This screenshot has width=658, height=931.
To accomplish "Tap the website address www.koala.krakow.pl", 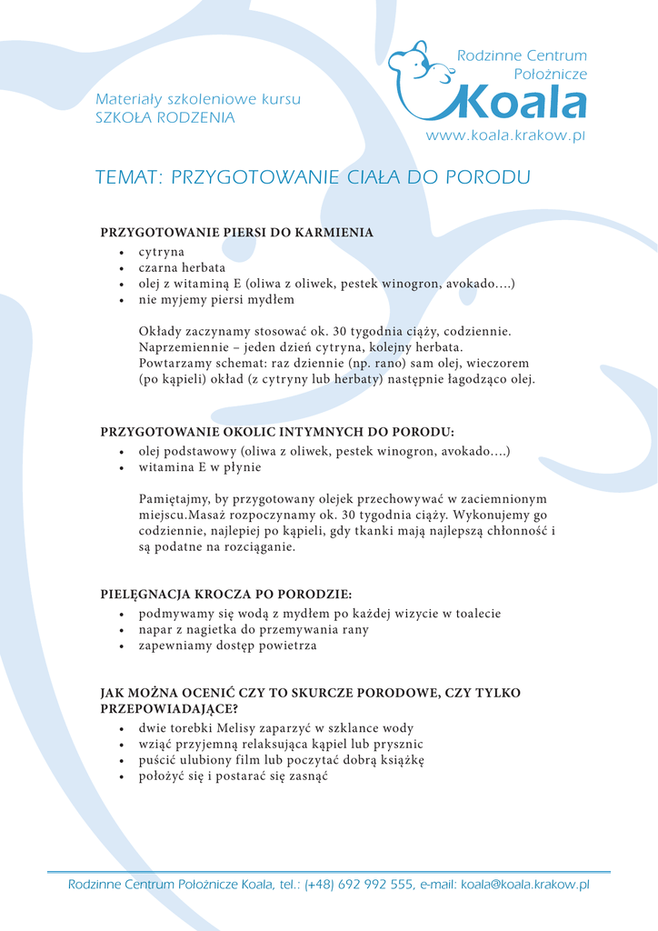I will click(506, 135).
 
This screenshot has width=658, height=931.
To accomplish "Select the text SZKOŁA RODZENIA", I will click(164, 118).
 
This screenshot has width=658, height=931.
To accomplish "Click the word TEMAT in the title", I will click(126, 177).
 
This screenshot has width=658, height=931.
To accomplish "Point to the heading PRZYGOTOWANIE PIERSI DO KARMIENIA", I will click(236, 233).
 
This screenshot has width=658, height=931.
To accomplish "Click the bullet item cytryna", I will click(162, 252).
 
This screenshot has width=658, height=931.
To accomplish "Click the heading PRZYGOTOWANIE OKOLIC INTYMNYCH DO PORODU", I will click(276, 432).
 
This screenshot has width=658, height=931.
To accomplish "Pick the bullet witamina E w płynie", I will click(200, 467).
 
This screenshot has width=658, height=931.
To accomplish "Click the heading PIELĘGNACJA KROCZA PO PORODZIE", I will click(225, 596).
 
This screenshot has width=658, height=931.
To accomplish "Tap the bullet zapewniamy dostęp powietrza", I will click(228, 646).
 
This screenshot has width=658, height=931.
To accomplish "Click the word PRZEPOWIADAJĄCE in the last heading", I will click(169, 709).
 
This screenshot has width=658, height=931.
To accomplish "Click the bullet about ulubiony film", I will click(281, 760).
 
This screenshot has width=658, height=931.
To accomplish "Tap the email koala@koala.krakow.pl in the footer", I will click(525, 885).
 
